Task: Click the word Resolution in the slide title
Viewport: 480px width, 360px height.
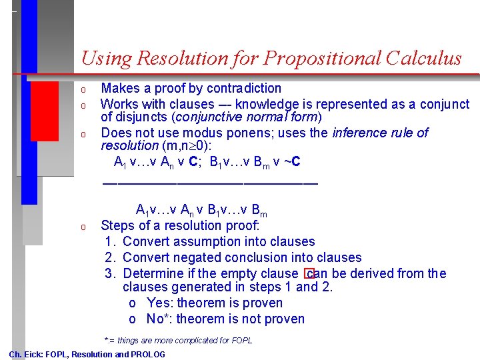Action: (x=177, y=59)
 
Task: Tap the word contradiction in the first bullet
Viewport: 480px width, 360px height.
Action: (x=244, y=88)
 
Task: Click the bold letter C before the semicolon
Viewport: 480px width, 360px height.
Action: (x=193, y=161)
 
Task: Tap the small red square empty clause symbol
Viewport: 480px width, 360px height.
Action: (x=309, y=274)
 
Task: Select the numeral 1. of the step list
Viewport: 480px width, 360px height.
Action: (x=110, y=241)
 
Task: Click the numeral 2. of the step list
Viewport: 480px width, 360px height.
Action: (x=110, y=257)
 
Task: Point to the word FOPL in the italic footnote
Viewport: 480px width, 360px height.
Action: (x=240, y=340)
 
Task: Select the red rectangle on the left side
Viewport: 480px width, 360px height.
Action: (x=45, y=111)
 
